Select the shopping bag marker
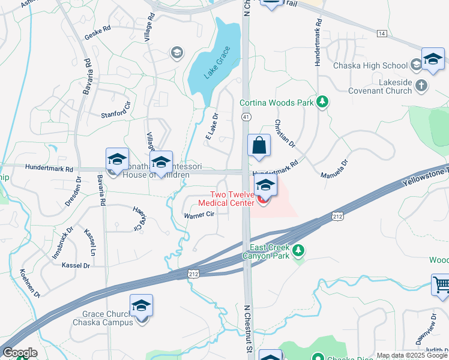pyautogui.click(x=259, y=146)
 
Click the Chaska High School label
pyautogui.click(x=370, y=65)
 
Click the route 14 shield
pyautogui.click(x=381, y=34)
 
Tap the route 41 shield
pyautogui.click(x=246, y=116)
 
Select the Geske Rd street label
pyautogui.click(x=98, y=32)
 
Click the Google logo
pyautogui.click(x=20, y=353)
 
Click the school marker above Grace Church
pyautogui.click(x=142, y=306)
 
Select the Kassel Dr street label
pyautogui.click(x=76, y=265)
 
